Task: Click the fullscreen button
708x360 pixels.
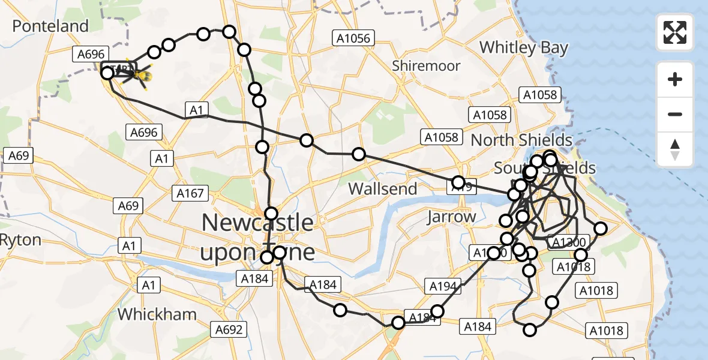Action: [675, 32]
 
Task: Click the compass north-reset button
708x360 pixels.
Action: [675, 149]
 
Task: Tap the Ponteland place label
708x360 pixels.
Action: [50, 26]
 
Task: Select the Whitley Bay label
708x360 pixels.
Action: [524, 47]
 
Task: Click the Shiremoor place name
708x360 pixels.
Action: [426, 65]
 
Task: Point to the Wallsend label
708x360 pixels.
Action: [382, 188]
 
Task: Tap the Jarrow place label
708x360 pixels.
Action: [451, 217]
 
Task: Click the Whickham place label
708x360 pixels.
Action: [157, 314]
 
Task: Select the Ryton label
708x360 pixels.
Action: [21, 240]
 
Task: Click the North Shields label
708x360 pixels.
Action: [521, 140]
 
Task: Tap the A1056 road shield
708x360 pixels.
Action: [353, 39]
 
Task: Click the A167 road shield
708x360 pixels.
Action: [190, 193]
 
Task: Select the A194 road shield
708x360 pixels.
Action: [444, 286]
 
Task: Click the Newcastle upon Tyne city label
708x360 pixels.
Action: [257, 237]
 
